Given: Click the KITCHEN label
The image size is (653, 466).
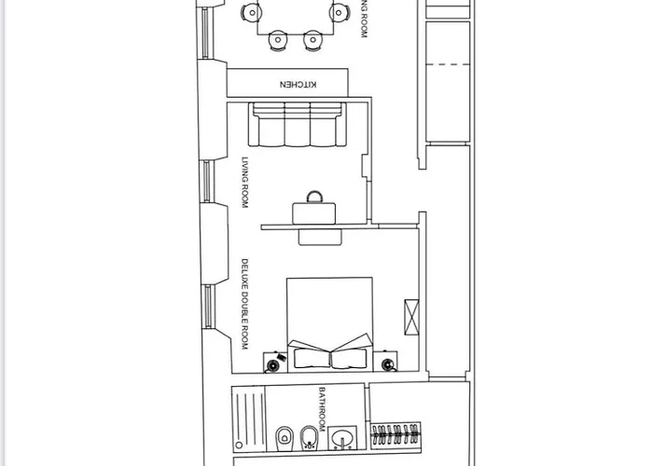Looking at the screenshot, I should click(x=299, y=84).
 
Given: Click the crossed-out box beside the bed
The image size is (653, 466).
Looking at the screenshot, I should click(x=411, y=317).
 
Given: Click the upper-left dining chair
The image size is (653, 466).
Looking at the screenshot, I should click(x=251, y=12).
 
